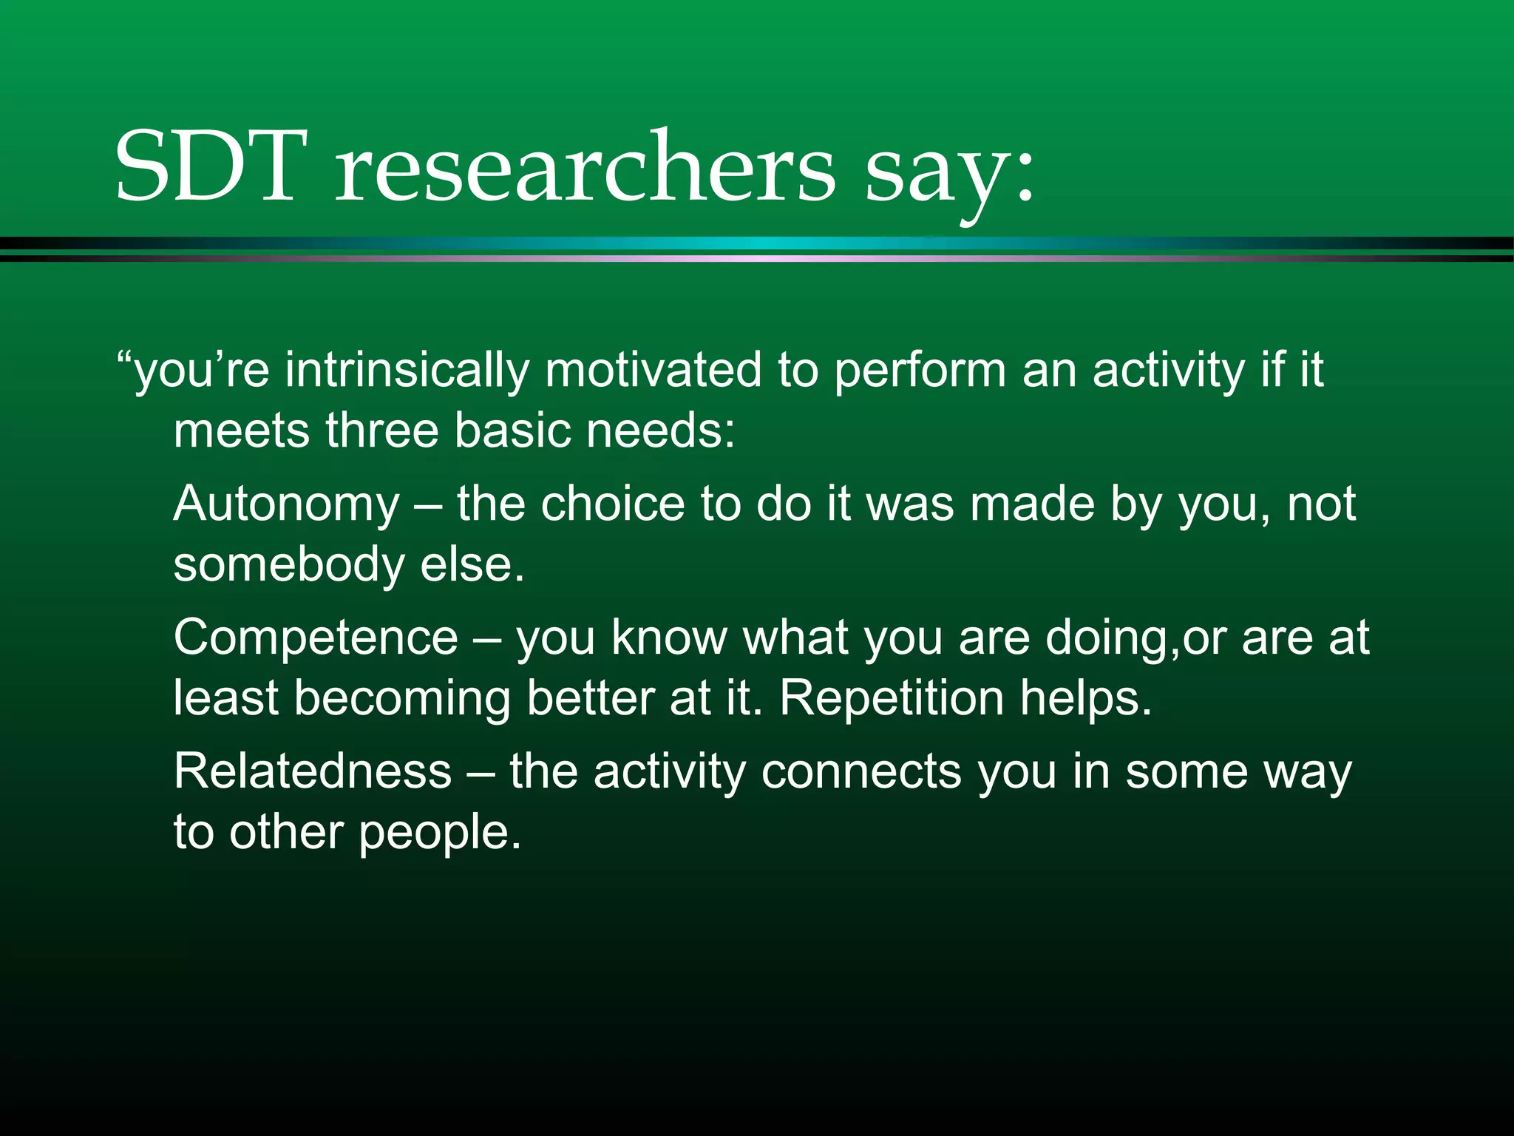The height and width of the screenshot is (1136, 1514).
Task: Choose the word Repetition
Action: coord(892,698)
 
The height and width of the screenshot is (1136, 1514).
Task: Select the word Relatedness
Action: coord(312,771)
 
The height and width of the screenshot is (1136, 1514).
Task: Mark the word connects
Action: coord(861,771)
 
